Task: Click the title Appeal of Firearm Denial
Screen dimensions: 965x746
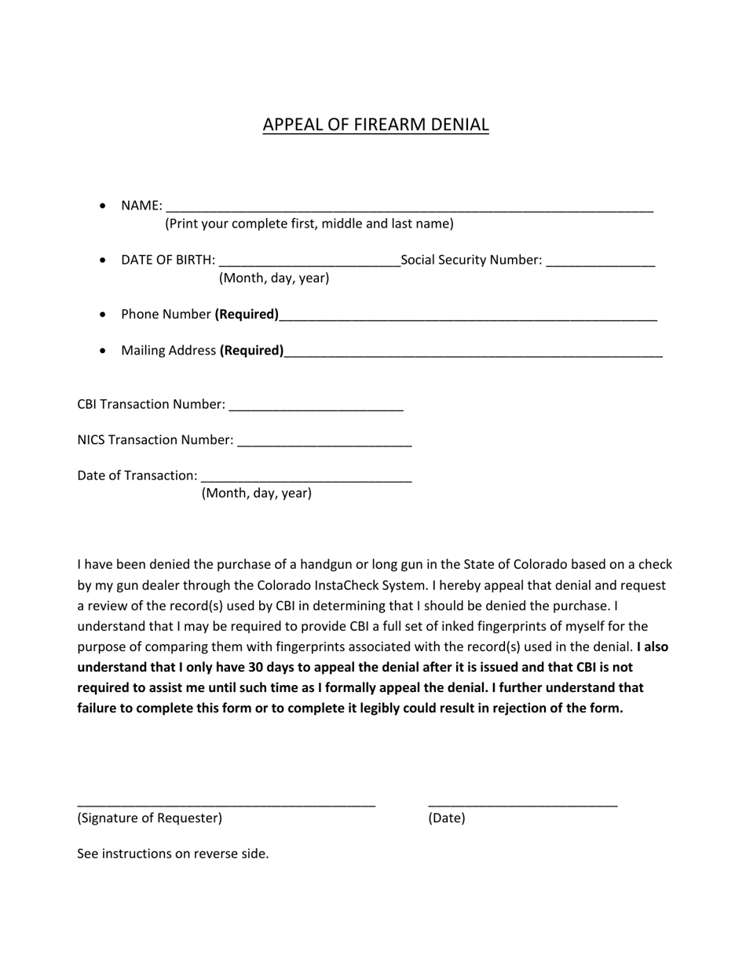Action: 375,124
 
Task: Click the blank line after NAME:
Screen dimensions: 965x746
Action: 409,209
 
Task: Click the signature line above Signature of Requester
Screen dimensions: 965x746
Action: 226,803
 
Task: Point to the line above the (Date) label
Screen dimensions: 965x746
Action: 522,803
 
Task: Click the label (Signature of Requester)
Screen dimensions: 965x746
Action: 149,818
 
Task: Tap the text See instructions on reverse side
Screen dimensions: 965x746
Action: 173,854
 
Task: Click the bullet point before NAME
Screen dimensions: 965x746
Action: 104,206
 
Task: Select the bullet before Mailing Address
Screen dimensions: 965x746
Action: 104,351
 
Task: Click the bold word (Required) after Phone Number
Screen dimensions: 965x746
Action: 247,314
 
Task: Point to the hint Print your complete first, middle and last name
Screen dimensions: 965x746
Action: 309,224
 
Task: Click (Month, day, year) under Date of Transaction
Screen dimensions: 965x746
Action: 257,493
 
